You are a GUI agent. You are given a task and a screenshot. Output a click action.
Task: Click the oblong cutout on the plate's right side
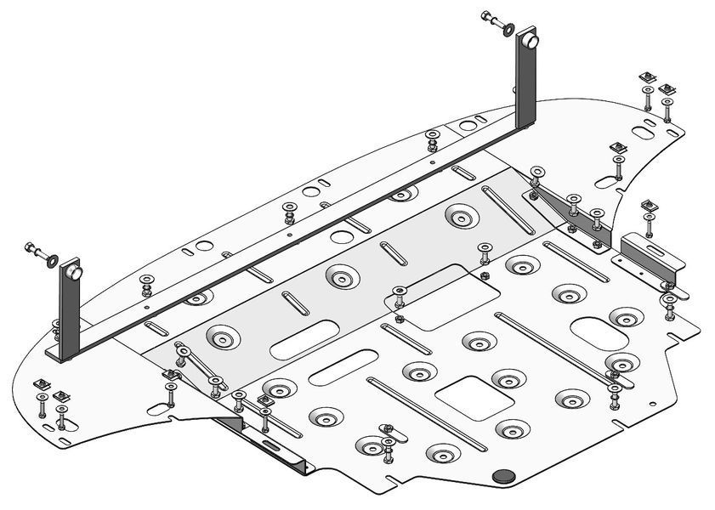point(594,327)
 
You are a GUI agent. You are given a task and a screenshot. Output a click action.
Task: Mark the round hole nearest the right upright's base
point(468,125)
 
